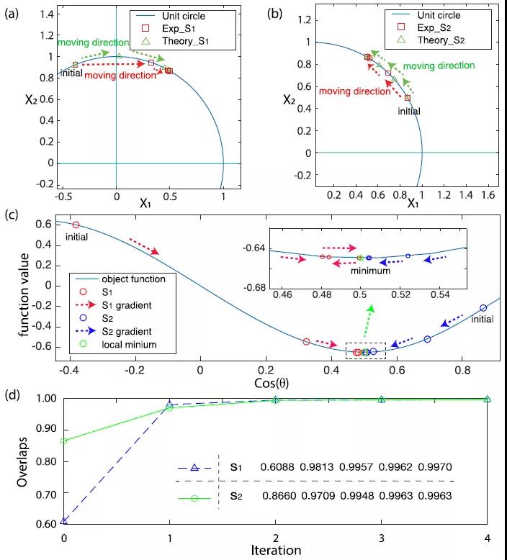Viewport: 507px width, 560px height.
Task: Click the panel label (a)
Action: [x=12, y=12]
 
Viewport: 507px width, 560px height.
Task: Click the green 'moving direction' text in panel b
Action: [x=438, y=66]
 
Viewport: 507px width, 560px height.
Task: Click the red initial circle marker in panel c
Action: [x=76, y=225]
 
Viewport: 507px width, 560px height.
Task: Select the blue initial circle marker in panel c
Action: [x=483, y=308]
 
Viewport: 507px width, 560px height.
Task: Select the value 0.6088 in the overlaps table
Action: [x=277, y=466]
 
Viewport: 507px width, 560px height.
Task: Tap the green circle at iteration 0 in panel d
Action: [x=65, y=441]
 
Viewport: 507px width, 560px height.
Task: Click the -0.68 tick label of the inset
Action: [x=254, y=289]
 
